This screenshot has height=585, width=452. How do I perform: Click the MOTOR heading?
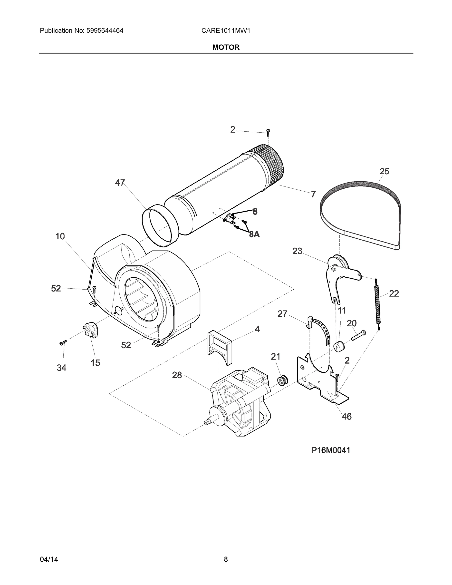tap(226, 48)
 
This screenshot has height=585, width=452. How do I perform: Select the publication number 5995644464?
tap(105, 31)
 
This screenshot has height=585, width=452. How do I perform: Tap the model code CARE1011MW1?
tap(225, 31)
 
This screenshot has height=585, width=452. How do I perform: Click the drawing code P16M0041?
tap(330, 450)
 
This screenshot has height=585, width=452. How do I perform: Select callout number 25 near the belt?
tap(384, 171)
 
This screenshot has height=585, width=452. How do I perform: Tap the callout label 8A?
tap(254, 235)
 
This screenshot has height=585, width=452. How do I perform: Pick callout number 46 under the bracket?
tap(346, 417)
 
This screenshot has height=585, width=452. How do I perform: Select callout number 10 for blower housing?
tap(60, 236)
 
